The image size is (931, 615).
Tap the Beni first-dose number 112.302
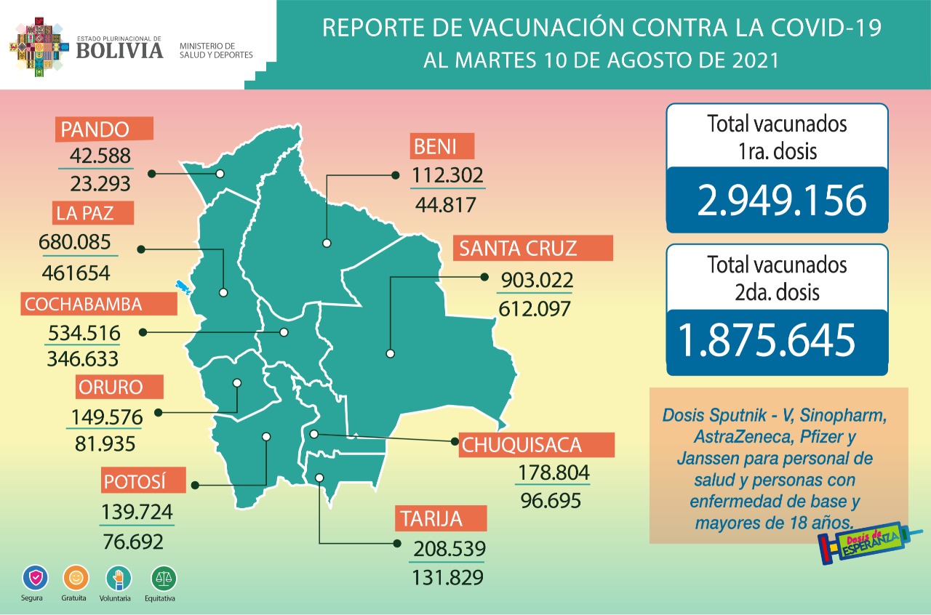click(x=447, y=175)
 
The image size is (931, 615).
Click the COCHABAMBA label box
click(x=84, y=304)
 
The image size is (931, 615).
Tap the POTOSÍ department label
click(x=135, y=482)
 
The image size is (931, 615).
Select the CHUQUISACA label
click(x=537, y=444)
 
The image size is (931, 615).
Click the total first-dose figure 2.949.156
click(x=781, y=200)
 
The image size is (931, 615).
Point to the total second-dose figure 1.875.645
click(x=766, y=339)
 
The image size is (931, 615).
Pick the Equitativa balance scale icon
click(x=164, y=579)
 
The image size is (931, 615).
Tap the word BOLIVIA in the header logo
click(x=119, y=50)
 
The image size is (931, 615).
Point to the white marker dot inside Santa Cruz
click(x=391, y=354)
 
